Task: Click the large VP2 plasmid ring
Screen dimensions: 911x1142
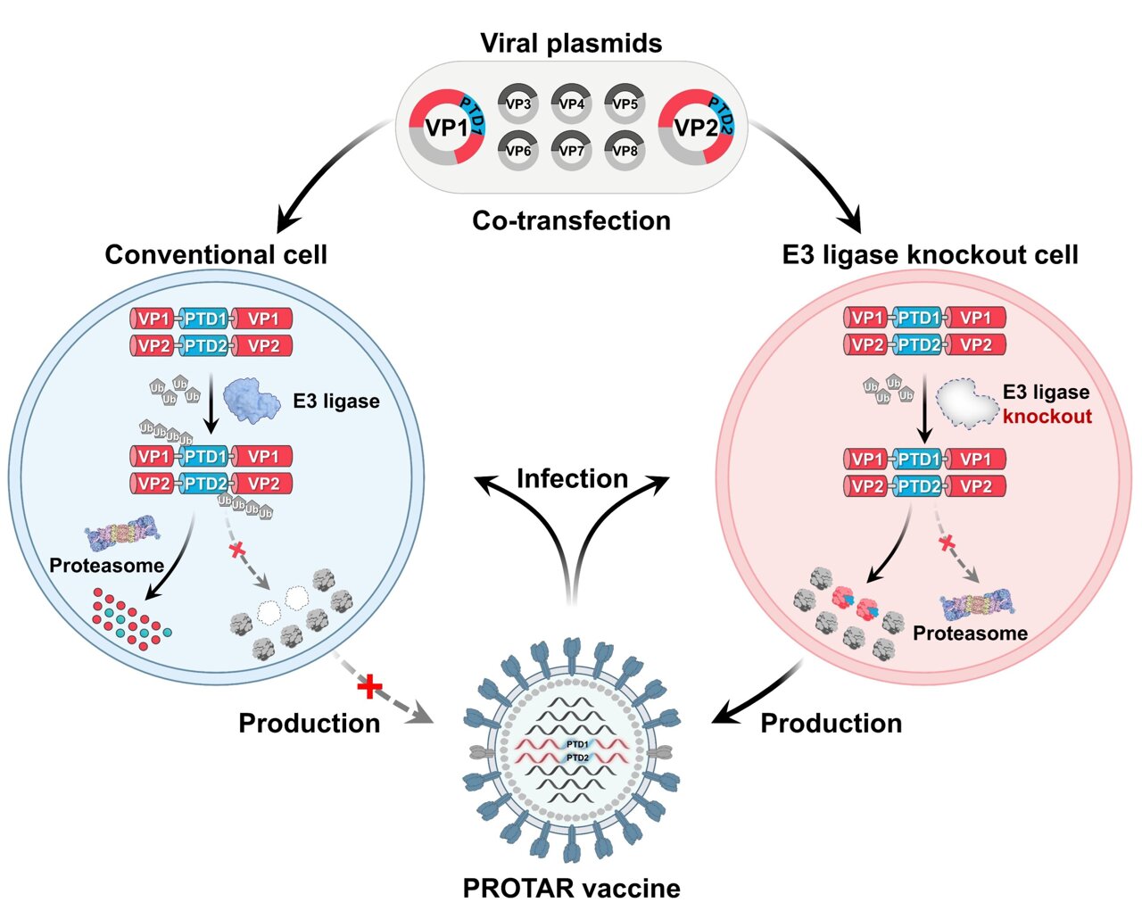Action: coord(696,128)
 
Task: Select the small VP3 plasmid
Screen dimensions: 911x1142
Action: coord(518,104)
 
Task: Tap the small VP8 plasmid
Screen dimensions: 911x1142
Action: coord(625,151)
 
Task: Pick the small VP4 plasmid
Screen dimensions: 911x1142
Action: coord(572,104)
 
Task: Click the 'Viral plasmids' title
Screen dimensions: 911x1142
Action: coord(571,43)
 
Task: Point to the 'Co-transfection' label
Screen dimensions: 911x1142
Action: coord(571,220)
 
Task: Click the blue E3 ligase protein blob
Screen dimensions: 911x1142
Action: coord(252,399)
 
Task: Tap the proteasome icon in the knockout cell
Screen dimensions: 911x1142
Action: coord(978,605)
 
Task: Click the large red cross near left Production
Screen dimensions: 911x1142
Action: coord(369,686)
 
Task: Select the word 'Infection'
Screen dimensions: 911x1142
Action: coord(572,478)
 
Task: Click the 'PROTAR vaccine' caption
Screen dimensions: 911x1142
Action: coord(571,888)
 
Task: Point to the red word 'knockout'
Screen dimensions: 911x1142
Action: coord(1047,417)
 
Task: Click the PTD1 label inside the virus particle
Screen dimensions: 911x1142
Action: coord(577,743)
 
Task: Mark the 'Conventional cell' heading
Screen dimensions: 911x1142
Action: coord(216,254)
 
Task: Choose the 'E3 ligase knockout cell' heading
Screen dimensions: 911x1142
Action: coord(930,254)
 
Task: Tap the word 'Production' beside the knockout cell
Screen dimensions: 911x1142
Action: coord(831,723)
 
